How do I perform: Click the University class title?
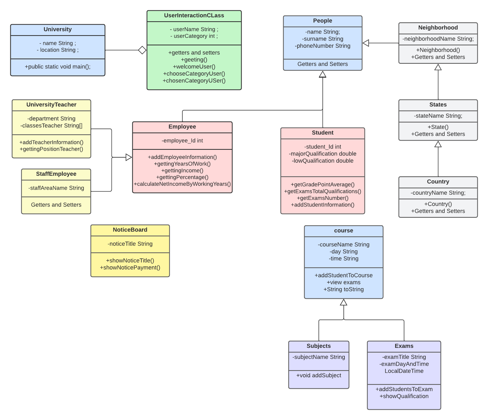coord(57,29)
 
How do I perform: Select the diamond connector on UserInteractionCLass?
coord(142,50)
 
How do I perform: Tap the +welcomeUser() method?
coord(194,67)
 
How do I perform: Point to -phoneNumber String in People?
coord(322,46)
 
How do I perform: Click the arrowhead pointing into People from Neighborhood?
coord(366,43)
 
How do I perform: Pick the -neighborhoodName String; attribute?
coord(438,39)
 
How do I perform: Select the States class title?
coord(438,105)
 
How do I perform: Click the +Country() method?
coord(438,204)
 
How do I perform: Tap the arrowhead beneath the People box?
coord(322,75)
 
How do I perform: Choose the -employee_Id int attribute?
coord(182,141)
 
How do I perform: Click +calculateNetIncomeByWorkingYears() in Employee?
coord(182,184)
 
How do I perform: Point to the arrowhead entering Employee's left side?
coord(129,157)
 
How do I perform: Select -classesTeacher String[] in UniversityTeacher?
coord(51,126)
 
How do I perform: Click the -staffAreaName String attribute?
coord(56,188)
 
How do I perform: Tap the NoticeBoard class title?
coord(130,230)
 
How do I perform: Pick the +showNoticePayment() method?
coord(130,268)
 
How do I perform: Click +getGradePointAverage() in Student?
coord(322,184)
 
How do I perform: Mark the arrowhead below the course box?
coord(343,302)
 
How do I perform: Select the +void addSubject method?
coord(319,375)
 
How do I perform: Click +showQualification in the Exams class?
coord(404,396)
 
